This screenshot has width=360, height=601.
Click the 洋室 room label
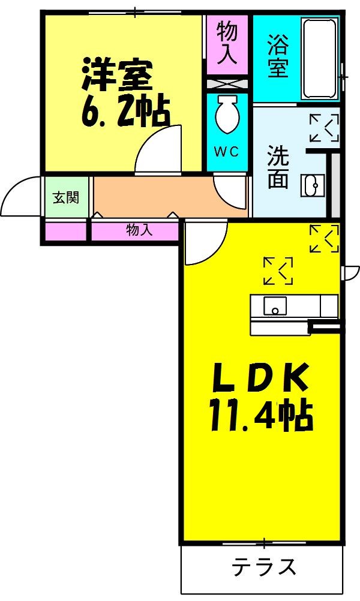(x=118, y=73)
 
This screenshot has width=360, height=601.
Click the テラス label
(x=264, y=567)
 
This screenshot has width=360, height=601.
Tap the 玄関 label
(x=66, y=197)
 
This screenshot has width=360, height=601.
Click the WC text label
(x=227, y=152)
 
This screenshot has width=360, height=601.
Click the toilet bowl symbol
(x=227, y=115)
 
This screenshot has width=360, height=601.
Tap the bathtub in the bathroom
(x=320, y=58)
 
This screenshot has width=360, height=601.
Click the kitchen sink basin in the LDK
(x=275, y=306)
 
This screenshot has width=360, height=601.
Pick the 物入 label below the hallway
(x=139, y=230)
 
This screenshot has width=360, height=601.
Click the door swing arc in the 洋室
(x=157, y=151)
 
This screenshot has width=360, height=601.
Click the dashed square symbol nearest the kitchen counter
(x=278, y=271)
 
